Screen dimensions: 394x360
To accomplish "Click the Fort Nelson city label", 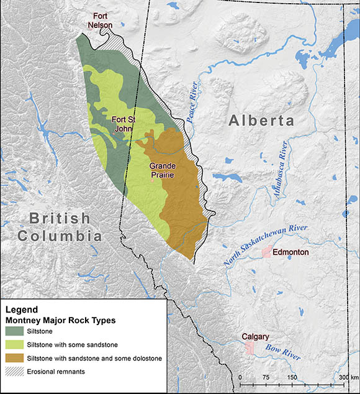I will tap(103, 21).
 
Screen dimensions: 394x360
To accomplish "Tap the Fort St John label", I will tap(123, 124).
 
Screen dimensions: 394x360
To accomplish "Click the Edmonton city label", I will tap(291, 252).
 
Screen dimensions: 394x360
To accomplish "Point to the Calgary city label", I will tap(255, 336).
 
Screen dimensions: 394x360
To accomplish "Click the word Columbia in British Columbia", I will tap(60, 236).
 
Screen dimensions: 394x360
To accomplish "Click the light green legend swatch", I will tap(17, 346).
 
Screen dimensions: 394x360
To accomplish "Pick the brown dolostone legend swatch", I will tap(17, 359).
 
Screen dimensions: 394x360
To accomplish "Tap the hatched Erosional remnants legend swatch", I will tap(17, 372).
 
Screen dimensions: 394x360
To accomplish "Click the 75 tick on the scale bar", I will tap(265, 377).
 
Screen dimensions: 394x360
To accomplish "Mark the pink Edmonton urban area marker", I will tap(267, 252).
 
